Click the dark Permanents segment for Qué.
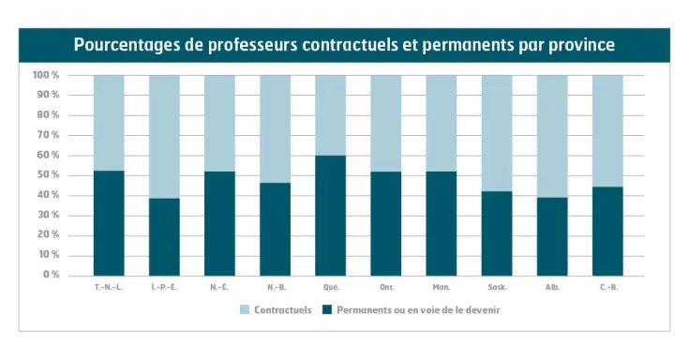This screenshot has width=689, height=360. click(330, 216)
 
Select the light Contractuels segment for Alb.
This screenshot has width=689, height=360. click(552, 136)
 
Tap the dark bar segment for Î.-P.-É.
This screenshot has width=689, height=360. click(164, 236)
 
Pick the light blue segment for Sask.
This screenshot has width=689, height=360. click(497, 132)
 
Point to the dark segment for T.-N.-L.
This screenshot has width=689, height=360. click(109, 223)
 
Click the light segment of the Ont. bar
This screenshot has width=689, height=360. click(385, 123)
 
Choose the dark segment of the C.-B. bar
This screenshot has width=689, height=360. click(607, 231)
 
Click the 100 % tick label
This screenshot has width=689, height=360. click(46, 75)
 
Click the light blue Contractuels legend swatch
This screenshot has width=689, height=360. click(245, 309)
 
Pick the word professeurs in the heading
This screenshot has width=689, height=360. click(248, 45)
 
